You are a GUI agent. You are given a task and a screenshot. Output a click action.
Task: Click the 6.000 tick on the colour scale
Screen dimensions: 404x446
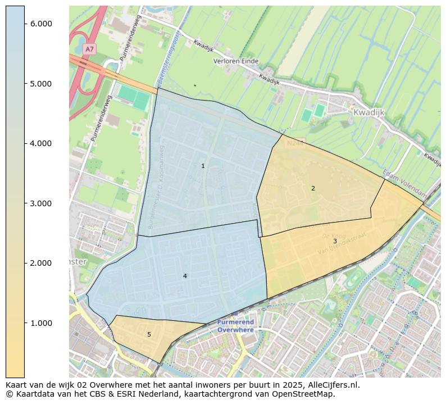[x=41, y=24]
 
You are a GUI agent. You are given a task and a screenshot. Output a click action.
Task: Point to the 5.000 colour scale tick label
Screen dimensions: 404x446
[x=41, y=84]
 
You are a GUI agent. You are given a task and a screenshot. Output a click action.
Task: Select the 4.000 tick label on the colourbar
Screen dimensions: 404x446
[x=41, y=143]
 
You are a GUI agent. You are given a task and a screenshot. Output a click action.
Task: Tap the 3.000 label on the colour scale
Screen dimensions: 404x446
[x=41, y=203]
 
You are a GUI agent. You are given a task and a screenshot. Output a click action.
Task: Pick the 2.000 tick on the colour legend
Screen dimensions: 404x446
[x=41, y=263]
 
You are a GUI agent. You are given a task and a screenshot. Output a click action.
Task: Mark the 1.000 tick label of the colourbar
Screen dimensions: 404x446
[x=41, y=323]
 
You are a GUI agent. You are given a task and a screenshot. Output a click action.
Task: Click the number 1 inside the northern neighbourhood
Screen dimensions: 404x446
[x=203, y=166]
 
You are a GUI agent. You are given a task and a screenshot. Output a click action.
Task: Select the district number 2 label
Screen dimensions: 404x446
[x=313, y=189]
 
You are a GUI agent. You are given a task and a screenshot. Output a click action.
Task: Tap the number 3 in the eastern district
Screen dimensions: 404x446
[x=335, y=242]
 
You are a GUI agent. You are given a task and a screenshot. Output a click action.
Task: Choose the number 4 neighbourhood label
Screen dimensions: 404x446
[x=185, y=276]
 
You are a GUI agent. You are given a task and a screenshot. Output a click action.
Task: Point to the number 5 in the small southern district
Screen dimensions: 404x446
[x=149, y=335]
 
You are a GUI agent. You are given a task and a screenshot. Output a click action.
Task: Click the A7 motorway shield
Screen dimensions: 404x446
[x=89, y=49]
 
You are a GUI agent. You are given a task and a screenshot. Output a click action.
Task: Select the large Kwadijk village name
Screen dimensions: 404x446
[x=368, y=112]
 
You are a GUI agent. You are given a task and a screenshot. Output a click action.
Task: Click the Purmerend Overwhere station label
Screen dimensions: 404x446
[x=236, y=326]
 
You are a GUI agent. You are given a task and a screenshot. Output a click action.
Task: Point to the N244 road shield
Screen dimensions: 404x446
[x=296, y=143]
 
